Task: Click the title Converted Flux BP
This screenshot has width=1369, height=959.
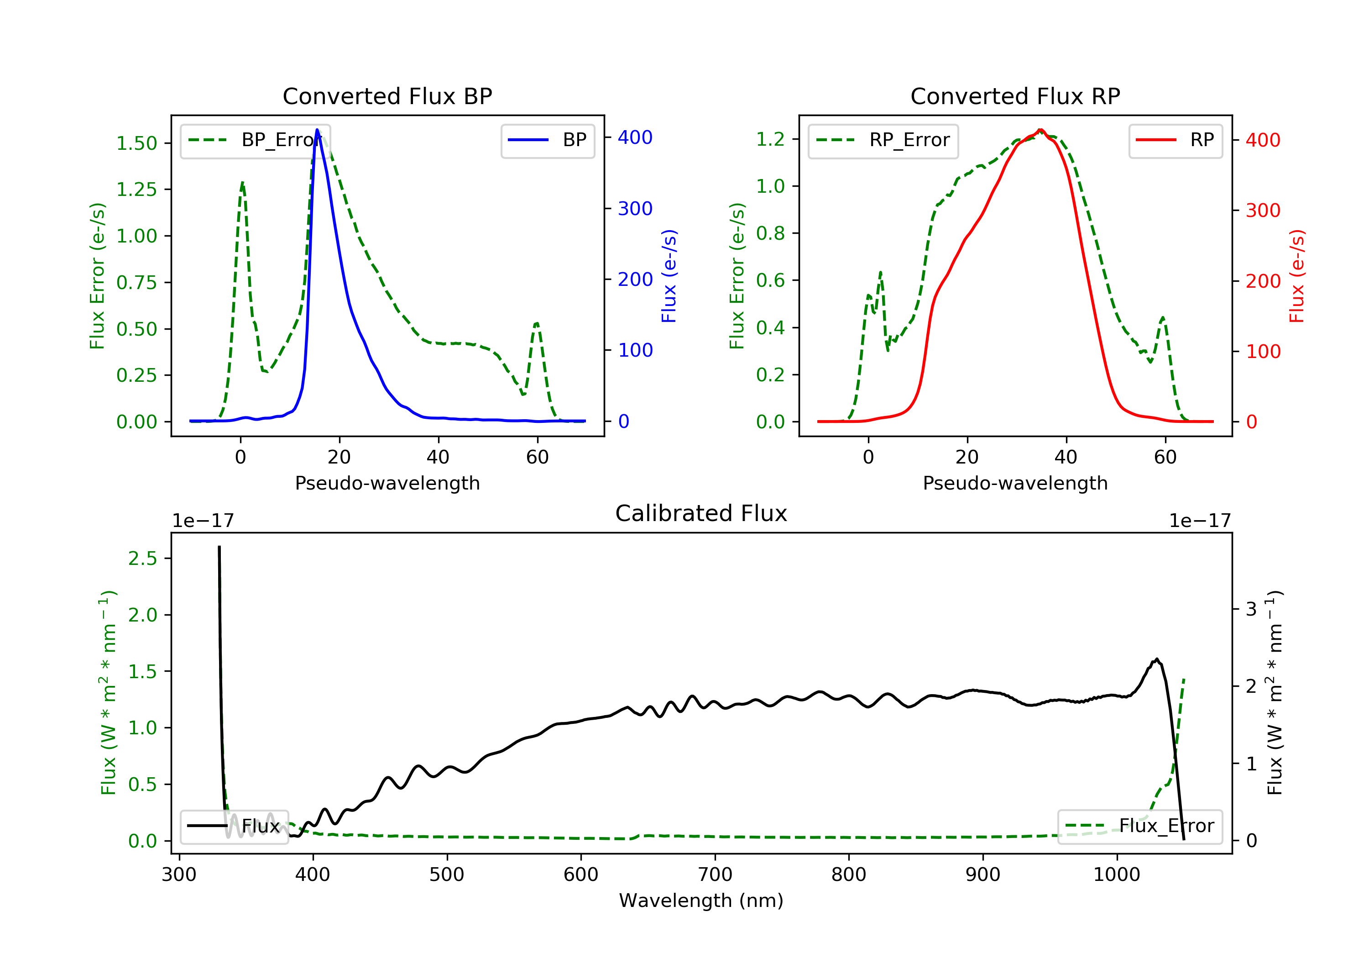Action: (387, 96)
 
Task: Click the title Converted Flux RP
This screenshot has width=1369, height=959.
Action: (1015, 96)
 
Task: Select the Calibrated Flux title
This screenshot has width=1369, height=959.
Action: (701, 513)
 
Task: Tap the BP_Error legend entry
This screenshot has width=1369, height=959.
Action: (255, 140)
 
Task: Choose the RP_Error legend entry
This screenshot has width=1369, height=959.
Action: (883, 140)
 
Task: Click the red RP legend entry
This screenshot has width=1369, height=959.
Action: (1175, 140)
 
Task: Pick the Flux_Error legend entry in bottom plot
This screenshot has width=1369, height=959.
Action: (1139, 826)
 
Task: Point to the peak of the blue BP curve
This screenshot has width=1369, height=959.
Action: (317, 130)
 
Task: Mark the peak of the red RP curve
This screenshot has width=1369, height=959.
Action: (1040, 130)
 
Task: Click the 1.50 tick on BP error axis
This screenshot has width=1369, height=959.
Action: (136, 143)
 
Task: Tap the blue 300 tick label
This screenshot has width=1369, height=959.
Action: (635, 208)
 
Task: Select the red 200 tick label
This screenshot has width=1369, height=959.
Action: (1263, 281)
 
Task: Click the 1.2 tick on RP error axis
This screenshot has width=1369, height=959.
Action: (770, 139)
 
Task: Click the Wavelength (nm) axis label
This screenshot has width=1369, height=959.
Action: (701, 900)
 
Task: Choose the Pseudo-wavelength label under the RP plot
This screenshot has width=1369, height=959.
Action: (1015, 483)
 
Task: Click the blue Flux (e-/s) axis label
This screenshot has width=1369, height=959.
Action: (669, 276)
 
